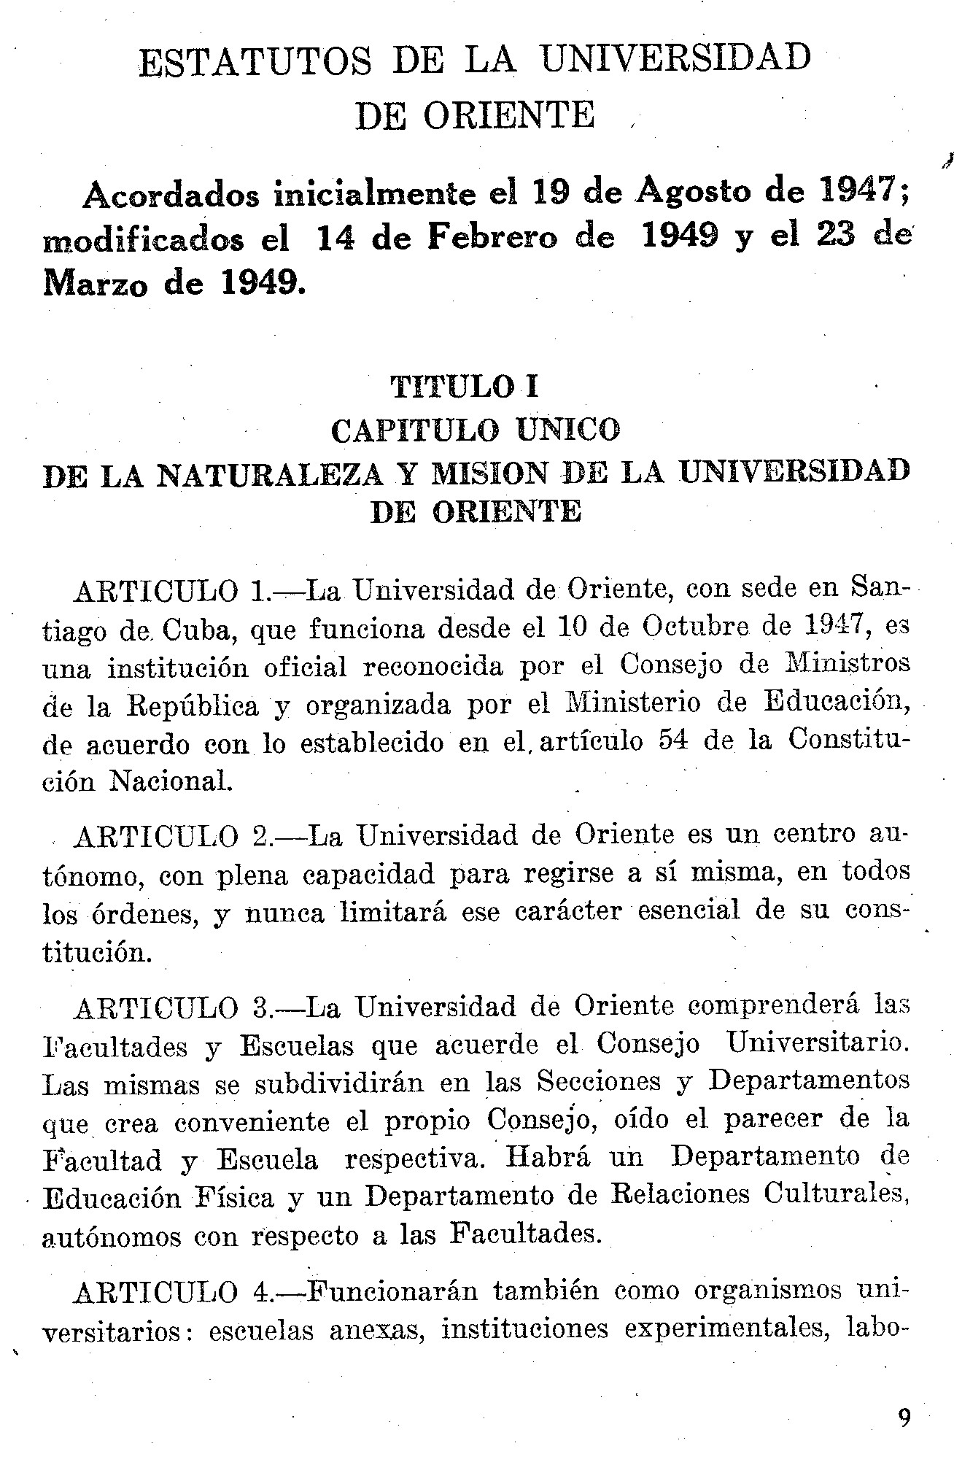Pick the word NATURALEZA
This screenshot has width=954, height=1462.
pos(270,474)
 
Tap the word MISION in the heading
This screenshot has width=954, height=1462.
pos(490,474)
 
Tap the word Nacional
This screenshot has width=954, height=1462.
pos(170,781)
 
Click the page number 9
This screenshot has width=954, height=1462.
pos(904,1417)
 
